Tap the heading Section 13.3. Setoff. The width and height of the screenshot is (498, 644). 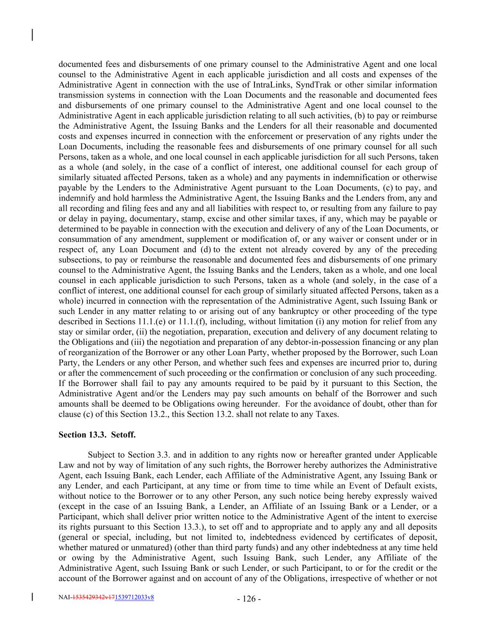click(97, 435)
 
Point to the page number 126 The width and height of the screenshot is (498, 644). click(249, 599)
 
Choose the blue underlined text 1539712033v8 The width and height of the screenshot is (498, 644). click(134, 597)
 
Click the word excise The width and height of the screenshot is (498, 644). click(312, 218)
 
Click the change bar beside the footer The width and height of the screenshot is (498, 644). click(32, 597)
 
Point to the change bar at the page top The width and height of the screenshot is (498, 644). click(32, 35)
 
